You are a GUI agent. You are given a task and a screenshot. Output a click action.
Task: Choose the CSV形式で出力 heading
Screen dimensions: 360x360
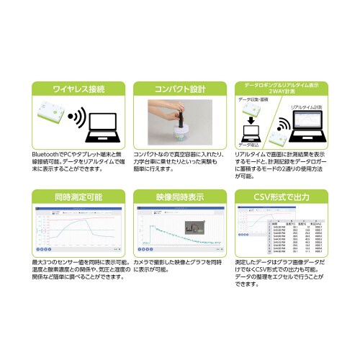pyautogui.click(x=282, y=196)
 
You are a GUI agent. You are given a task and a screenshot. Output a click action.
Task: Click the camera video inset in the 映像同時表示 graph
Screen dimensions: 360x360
pyautogui.click(x=194, y=229)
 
